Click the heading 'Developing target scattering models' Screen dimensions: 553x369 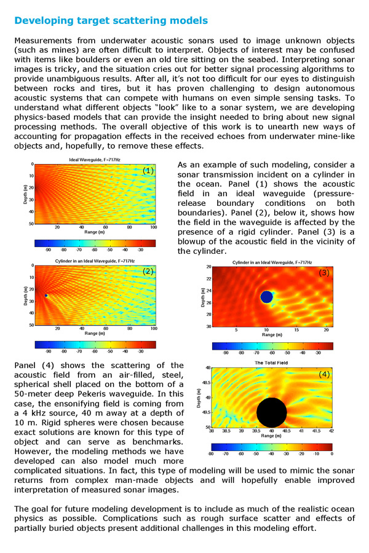tap(111, 21)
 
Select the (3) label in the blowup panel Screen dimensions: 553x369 tap(324, 273)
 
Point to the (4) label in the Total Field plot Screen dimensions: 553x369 tap(324, 374)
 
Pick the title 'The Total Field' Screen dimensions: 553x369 tap(272, 363)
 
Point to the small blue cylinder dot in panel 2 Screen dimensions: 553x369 tap(46, 296)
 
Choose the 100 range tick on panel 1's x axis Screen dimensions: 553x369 tap(154, 228)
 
